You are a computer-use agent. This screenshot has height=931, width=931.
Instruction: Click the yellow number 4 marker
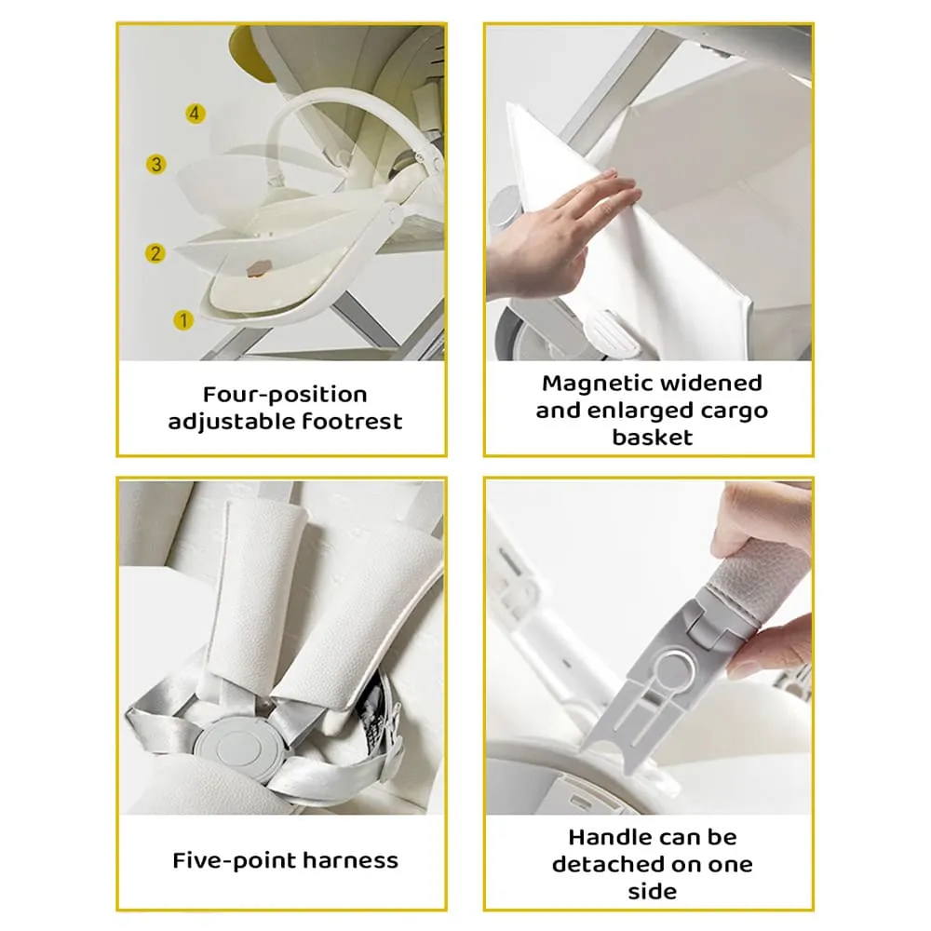[194, 114]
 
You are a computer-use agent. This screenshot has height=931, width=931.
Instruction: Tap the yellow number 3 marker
[156, 165]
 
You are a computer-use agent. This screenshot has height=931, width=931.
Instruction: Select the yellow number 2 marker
[155, 253]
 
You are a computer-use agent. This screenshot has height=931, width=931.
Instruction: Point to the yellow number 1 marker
[183, 320]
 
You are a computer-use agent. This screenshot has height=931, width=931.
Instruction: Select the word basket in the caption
[652, 437]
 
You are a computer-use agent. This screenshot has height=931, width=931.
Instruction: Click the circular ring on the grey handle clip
[671, 668]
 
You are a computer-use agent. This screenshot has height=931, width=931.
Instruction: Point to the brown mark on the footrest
[257, 267]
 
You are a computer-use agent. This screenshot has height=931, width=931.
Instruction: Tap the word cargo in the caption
[730, 410]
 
